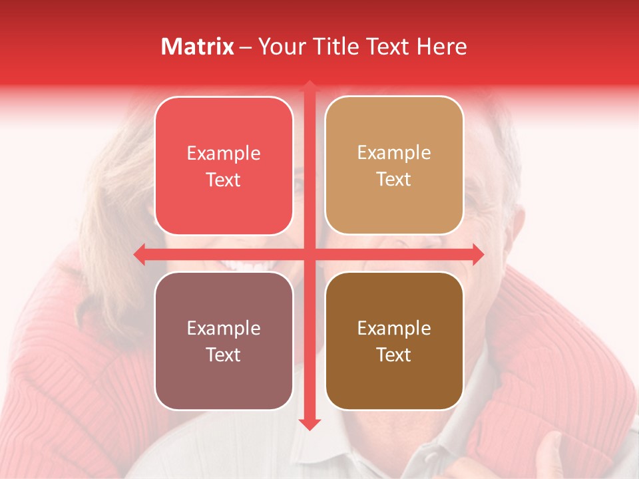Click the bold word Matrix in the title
(x=198, y=47)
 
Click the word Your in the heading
(x=280, y=47)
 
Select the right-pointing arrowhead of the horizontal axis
(x=477, y=254)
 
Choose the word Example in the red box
(x=224, y=154)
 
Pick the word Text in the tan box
(x=393, y=180)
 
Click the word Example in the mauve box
(x=224, y=329)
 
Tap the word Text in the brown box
(x=393, y=355)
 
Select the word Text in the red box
(x=224, y=180)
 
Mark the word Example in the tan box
(x=393, y=153)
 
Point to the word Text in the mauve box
(x=224, y=355)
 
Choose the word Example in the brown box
(x=393, y=329)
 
